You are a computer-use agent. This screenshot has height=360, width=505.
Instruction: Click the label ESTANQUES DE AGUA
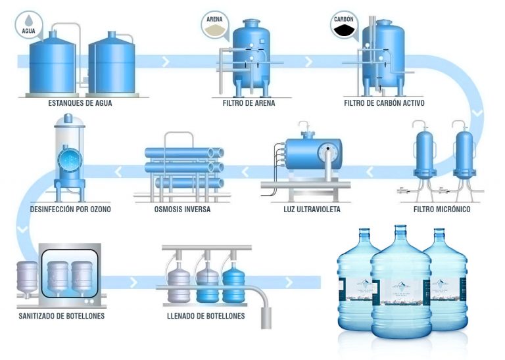[x=76, y=103]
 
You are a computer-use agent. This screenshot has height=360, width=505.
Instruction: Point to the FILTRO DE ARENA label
[x=249, y=103]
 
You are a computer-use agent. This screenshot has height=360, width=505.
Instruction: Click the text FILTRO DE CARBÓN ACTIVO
[x=385, y=103]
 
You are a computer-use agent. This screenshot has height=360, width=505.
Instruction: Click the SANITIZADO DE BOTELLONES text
[x=61, y=316]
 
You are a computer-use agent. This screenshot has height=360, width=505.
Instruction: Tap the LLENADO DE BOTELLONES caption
[x=206, y=316]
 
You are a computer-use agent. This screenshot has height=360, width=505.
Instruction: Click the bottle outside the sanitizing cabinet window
[x=26, y=281]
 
